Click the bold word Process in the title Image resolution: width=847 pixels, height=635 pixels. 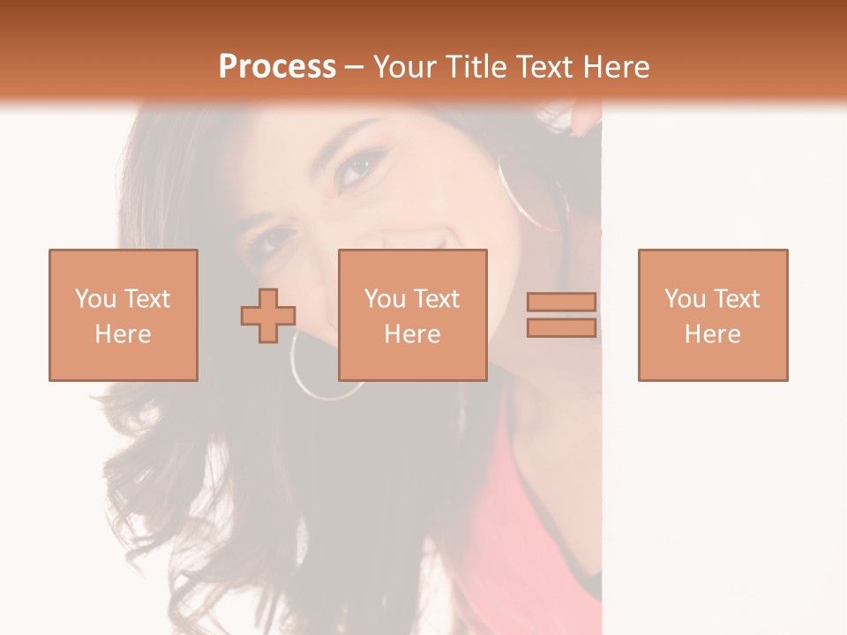click(277, 67)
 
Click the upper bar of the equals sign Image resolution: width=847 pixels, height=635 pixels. click(561, 303)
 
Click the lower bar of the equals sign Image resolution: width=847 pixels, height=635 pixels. click(561, 328)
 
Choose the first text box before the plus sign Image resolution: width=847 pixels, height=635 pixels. click(123, 315)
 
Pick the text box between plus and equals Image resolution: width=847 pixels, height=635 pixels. click(412, 315)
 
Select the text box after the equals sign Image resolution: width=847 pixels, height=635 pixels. click(712, 315)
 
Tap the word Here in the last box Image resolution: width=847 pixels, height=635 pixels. click(712, 334)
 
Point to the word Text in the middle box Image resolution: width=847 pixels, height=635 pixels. click(436, 299)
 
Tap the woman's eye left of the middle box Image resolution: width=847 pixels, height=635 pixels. click(276, 239)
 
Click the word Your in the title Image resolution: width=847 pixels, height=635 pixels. click(406, 67)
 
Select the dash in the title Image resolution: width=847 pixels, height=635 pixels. click(355, 67)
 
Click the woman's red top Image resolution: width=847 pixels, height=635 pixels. click(529, 512)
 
